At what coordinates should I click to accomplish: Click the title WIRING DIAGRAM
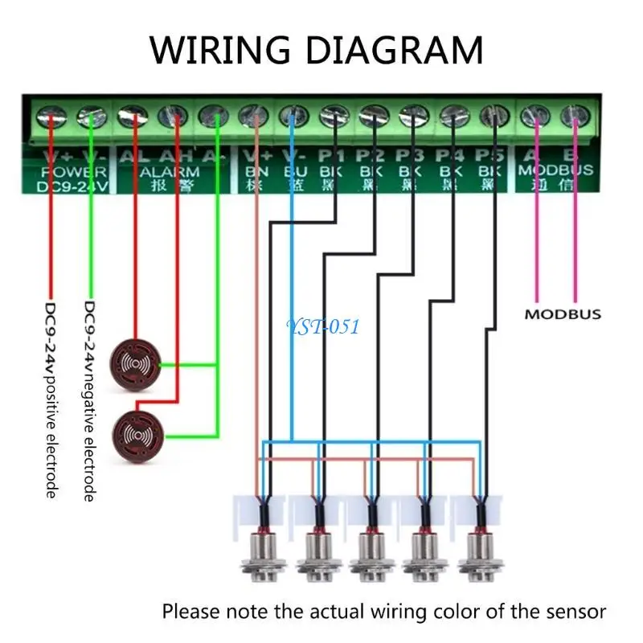coord(317,50)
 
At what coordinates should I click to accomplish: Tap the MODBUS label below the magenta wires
coord(562,314)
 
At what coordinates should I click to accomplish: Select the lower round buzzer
coord(137,434)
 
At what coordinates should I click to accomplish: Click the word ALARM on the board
coord(170,170)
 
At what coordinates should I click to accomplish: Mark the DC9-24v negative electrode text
coord(90,401)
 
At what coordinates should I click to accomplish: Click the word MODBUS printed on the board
coord(555,170)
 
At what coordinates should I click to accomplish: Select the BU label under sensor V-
coord(291,170)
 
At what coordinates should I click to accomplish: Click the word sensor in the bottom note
coord(577,611)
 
